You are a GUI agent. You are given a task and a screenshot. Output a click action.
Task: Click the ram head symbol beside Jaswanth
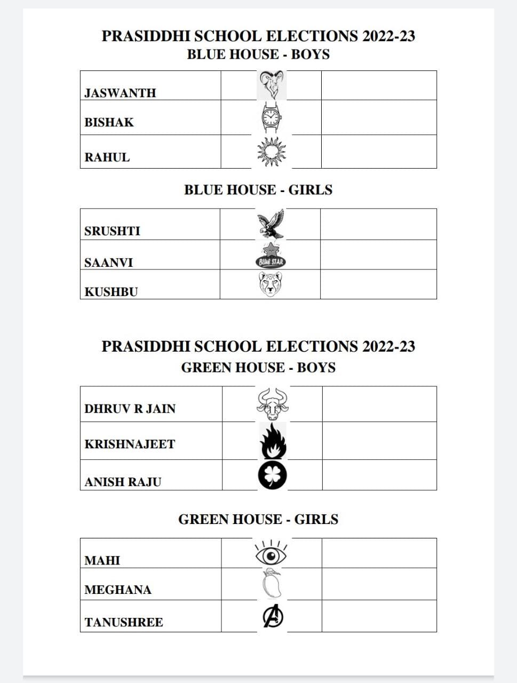(x=272, y=85)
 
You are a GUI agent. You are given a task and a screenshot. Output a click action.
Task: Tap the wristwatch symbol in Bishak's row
(x=272, y=117)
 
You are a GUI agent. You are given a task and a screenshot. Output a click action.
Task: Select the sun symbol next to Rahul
(x=272, y=152)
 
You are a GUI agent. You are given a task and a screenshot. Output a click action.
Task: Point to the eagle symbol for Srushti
(x=271, y=224)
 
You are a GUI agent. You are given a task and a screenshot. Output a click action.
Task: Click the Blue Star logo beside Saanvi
(x=271, y=255)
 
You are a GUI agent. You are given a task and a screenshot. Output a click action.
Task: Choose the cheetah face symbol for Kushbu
(x=271, y=284)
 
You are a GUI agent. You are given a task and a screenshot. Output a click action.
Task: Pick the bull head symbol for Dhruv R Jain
(x=272, y=404)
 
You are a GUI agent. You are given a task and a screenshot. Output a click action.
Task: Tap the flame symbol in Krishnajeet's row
(x=273, y=441)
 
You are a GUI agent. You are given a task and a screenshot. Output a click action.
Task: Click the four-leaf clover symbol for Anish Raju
(x=273, y=475)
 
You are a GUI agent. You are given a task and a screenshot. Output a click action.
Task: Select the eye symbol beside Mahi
(x=271, y=554)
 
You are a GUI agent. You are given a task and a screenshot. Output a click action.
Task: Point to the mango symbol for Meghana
(x=272, y=584)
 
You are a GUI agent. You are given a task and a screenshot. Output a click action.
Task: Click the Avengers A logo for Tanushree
(x=273, y=617)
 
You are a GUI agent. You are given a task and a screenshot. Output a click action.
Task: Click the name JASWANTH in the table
(x=120, y=93)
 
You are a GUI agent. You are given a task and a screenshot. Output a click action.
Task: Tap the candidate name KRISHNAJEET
(x=130, y=444)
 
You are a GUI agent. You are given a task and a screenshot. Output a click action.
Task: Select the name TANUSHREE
(x=124, y=622)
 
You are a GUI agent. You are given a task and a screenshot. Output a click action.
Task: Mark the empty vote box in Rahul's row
(x=379, y=152)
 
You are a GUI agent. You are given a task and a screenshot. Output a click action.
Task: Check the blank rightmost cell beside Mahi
(x=379, y=553)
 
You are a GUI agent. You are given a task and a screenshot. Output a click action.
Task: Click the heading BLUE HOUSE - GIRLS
(x=258, y=190)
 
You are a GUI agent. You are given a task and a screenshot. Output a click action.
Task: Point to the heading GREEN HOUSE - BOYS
(x=258, y=368)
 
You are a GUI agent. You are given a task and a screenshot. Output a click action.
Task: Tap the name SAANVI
(x=108, y=263)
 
